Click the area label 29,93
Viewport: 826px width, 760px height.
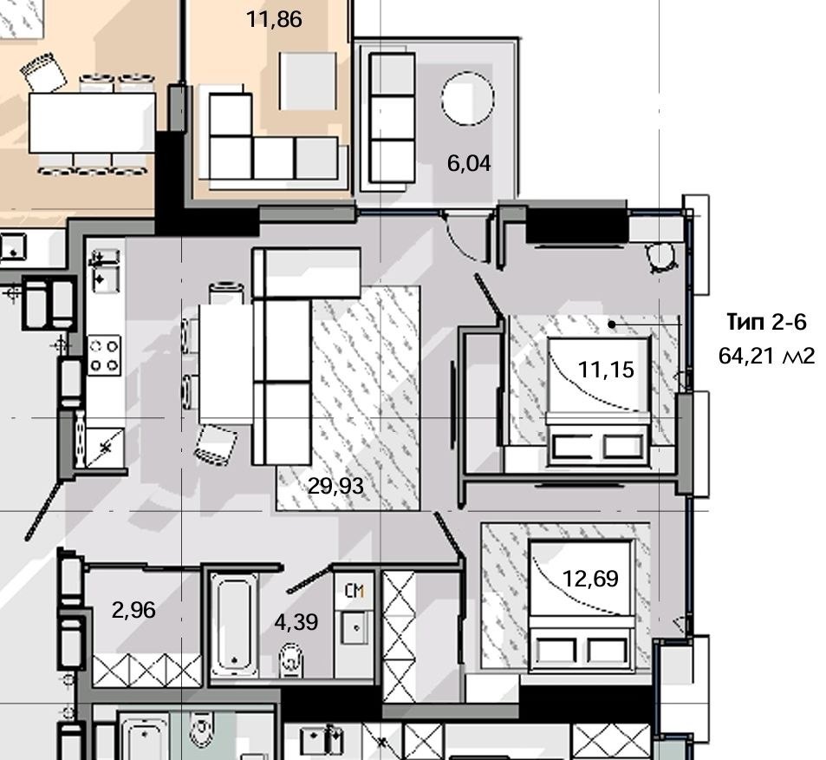coord(335,486)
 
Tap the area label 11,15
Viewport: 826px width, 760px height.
coord(606,370)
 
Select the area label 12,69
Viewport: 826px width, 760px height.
coord(590,579)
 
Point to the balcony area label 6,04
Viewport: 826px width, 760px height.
coord(469,163)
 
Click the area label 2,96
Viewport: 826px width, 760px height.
coord(133,611)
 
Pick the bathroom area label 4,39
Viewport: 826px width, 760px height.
coord(296,623)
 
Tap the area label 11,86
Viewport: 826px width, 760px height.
coord(275,19)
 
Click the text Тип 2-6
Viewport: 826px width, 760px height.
coord(766,322)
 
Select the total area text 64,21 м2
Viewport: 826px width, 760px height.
coord(766,356)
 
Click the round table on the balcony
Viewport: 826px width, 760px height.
coord(468,98)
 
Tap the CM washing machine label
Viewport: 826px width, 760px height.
coord(354,591)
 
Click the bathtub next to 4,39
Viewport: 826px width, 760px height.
coord(234,626)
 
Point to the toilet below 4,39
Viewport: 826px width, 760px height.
coord(290,659)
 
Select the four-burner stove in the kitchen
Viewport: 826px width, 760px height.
coord(104,356)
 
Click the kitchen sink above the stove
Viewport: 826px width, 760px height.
coord(104,270)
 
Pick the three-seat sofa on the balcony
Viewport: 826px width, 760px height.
coord(393,118)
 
